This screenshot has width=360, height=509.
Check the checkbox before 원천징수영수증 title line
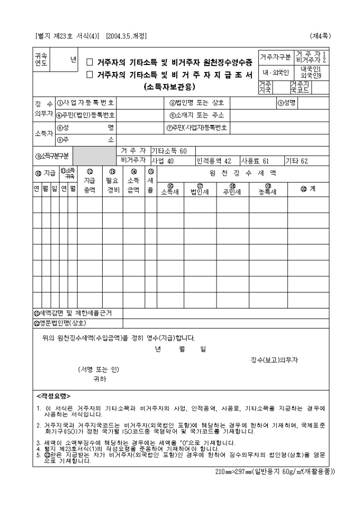point(89,62)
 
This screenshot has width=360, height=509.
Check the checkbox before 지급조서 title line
point(89,75)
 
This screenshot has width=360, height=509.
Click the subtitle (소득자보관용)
point(169,87)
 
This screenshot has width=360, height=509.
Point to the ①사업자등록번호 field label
point(85,103)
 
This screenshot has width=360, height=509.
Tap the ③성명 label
point(286,103)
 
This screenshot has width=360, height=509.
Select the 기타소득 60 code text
point(169,151)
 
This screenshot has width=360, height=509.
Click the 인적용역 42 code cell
point(214,160)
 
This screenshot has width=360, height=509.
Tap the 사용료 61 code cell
point(255,160)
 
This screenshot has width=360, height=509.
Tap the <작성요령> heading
point(53,396)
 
